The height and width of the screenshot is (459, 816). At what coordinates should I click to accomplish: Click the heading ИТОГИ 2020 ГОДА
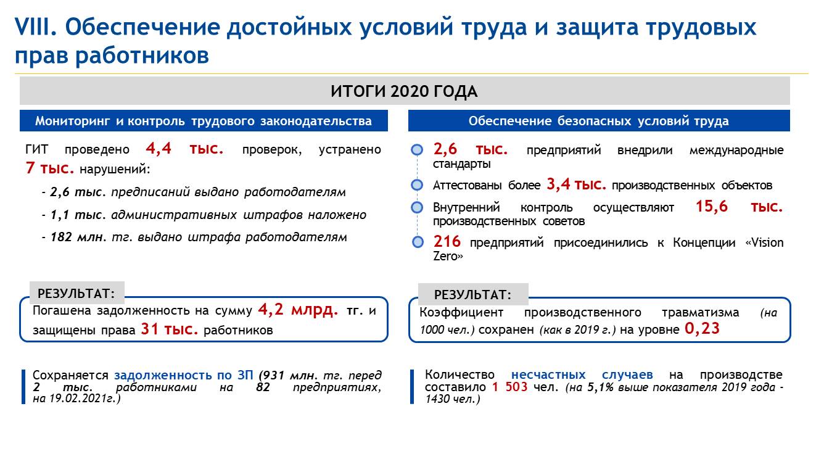pyautogui.click(x=404, y=91)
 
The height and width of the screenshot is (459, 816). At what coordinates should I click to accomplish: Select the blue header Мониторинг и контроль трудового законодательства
pyautogui.click(x=204, y=120)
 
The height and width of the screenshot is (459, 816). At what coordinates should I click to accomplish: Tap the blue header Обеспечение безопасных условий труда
pyautogui.click(x=599, y=120)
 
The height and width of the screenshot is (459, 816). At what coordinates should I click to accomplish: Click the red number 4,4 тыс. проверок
pyautogui.click(x=184, y=148)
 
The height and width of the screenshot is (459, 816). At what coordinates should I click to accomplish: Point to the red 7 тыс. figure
pyautogui.click(x=50, y=168)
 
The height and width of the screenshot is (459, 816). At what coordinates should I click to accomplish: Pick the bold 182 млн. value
pyautogui.click(x=78, y=237)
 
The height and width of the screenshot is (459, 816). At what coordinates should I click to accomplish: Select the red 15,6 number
pyautogui.click(x=711, y=206)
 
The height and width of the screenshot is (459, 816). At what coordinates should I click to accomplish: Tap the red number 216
pyautogui.click(x=447, y=241)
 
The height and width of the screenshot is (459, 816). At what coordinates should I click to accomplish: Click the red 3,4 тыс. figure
pyautogui.click(x=576, y=184)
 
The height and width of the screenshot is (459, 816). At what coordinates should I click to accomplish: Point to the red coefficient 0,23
pyautogui.click(x=702, y=329)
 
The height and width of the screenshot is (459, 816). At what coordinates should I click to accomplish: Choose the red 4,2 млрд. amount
pyautogui.click(x=298, y=309)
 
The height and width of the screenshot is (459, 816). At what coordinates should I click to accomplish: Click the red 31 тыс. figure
pyautogui.click(x=170, y=329)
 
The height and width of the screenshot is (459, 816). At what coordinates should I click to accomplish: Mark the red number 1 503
pyautogui.click(x=509, y=386)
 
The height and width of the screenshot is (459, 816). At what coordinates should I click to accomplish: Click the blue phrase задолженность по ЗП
pyautogui.click(x=184, y=375)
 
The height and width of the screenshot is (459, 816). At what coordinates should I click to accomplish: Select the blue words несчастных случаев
pyautogui.click(x=582, y=374)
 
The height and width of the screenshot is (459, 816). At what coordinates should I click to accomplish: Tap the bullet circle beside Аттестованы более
pyautogui.click(x=417, y=185)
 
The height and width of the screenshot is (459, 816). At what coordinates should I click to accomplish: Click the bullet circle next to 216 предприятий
pyautogui.click(x=418, y=242)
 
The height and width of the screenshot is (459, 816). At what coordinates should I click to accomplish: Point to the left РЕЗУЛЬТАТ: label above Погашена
pyautogui.click(x=76, y=293)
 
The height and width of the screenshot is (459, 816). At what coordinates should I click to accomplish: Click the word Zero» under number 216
pyautogui.click(x=448, y=256)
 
